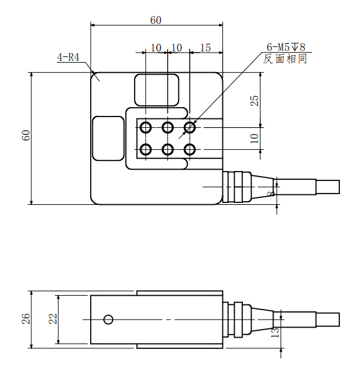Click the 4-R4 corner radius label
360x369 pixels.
coord(68,57)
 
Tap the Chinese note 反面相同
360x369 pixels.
coord(285,59)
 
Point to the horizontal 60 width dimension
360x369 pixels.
coord(156,20)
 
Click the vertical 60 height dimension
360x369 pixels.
coord(26,135)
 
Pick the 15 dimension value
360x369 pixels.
coord(205,48)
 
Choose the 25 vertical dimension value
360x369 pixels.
coord(254,100)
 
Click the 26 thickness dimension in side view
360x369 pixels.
coord(26,319)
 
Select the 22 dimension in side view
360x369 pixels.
coord(53,319)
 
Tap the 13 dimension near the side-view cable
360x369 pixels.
coord(275,332)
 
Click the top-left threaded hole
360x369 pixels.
coord(145,128)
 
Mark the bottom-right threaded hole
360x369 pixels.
coord(190,150)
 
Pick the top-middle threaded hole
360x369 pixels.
coord(168,128)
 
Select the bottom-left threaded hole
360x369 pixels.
coord(145,150)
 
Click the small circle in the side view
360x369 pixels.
coord(108,320)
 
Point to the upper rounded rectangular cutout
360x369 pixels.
coord(157,90)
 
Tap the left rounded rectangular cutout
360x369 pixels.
coord(108,138)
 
